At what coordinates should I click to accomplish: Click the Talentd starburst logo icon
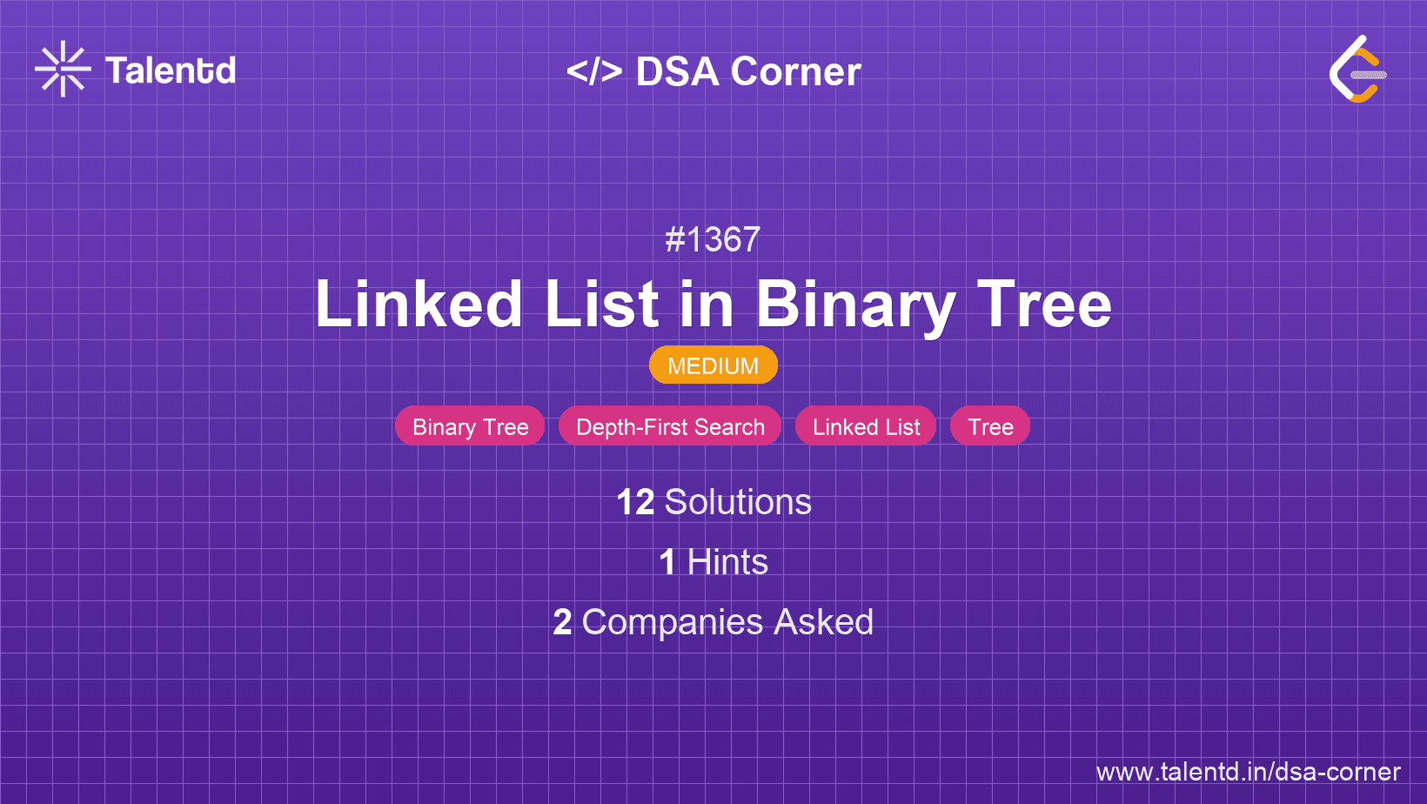click(x=63, y=69)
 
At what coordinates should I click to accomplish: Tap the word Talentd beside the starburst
click(x=170, y=70)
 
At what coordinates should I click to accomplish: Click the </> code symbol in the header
click(x=594, y=70)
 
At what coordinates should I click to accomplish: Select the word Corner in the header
click(x=795, y=71)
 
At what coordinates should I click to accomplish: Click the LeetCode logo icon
click(x=1357, y=69)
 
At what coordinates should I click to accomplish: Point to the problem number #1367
click(x=713, y=239)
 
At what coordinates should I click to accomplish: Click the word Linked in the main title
click(x=419, y=304)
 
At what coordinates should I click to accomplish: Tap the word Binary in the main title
click(x=855, y=306)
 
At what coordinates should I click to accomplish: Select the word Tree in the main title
click(x=1044, y=304)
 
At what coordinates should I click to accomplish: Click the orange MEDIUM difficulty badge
click(x=713, y=365)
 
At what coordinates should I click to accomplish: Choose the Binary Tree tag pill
click(x=470, y=425)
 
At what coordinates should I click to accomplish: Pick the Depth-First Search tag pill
click(x=670, y=425)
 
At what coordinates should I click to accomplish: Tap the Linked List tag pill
click(x=866, y=425)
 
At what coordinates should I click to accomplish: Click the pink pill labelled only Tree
click(x=990, y=425)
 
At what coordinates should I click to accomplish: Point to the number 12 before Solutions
click(x=635, y=502)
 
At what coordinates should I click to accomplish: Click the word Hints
click(x=727, y=562)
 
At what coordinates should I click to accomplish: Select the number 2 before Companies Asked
click(x=562, y=622)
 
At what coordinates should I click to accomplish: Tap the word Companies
click(x=672, y=623)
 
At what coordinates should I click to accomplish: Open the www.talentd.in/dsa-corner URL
click(x=1248, y=772)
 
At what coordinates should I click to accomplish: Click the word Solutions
click(x=738, y=502)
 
